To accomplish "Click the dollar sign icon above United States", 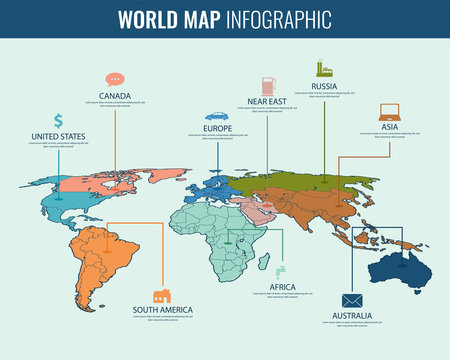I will [x=59, y=120].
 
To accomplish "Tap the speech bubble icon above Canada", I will [x=115, y=79].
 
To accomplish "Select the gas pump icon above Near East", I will [x=266, y=83].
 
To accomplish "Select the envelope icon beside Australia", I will [x=351, y=300].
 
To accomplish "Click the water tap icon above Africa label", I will [x=282, y=270].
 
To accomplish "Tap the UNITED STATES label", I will [x=59, y=136].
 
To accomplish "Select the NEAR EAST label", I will [x=266, y=101].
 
